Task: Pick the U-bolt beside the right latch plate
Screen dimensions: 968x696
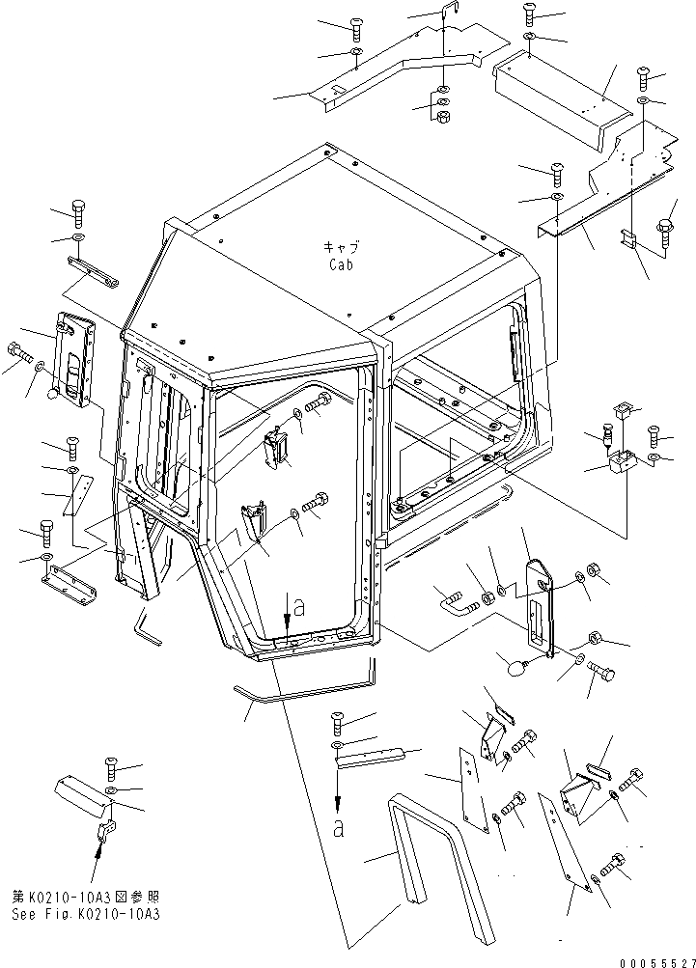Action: click(458, 604)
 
